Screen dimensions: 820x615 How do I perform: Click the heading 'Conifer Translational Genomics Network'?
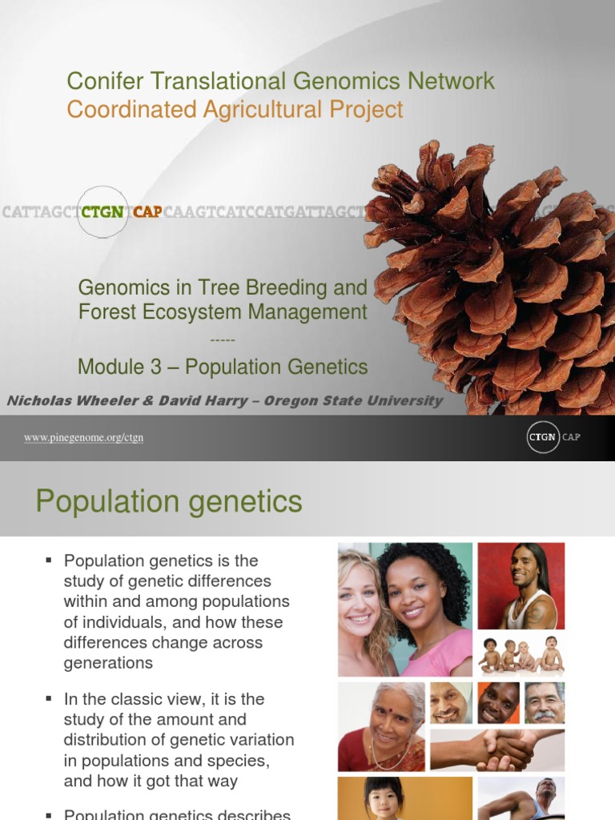point(280,81)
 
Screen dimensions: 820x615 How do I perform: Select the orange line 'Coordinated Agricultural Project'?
point(235,109)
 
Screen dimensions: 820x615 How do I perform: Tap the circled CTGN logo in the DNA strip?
point(102,212)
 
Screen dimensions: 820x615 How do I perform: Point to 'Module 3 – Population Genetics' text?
point(223,367)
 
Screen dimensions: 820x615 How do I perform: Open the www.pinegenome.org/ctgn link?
point(83,437)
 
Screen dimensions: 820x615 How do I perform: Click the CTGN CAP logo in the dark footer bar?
point(553,437)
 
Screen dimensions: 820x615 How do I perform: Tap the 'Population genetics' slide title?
point(169,502)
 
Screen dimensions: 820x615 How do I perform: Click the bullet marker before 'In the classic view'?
point(49,699)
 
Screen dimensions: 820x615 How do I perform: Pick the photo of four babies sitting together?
point(521,654)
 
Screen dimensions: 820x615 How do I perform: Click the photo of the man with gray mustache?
point(545,703)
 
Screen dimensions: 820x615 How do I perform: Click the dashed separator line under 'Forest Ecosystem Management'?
point(222,340)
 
